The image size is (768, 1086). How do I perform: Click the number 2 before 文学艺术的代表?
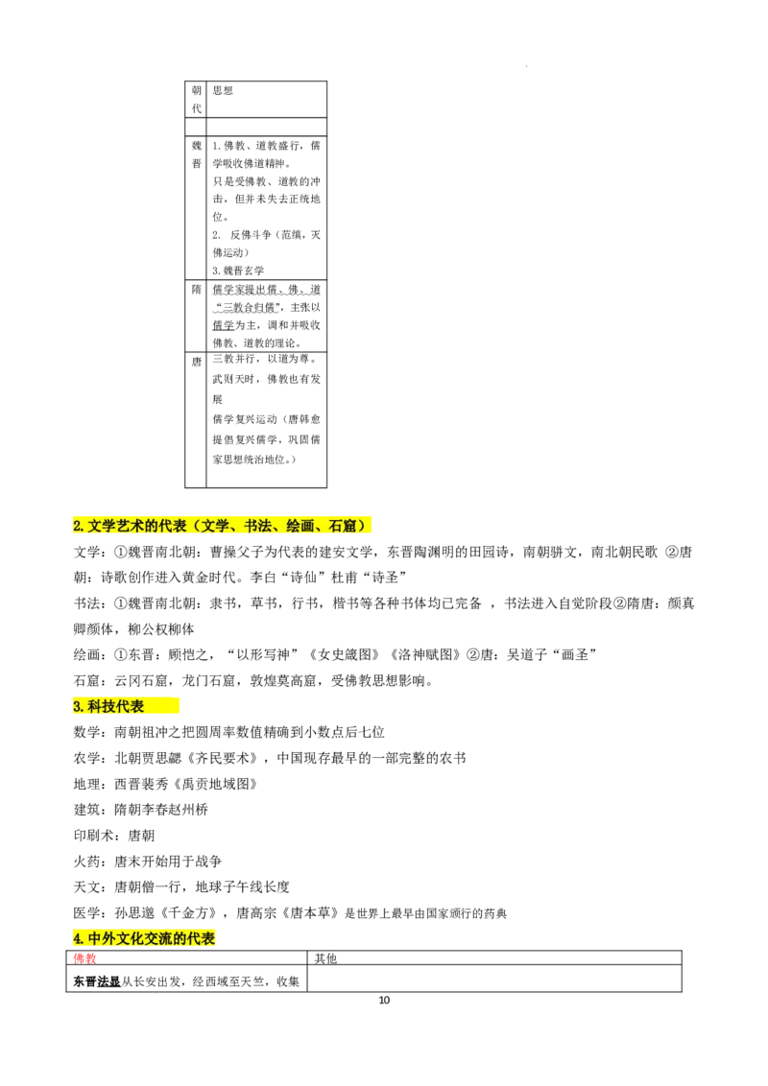point(77,526)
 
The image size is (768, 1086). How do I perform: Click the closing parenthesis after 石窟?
point(363,526)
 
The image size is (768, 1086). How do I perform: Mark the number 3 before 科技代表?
point(77,707)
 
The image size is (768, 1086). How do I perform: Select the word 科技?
point(101,707)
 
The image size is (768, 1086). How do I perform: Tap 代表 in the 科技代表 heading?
point(130,707)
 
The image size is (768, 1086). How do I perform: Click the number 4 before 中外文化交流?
point(77,938)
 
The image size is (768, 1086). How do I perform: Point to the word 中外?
point(101,938)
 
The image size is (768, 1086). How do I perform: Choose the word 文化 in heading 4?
point(130,938)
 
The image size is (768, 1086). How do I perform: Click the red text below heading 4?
point(84,957)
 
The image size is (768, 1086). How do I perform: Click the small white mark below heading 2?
point(280,598)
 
